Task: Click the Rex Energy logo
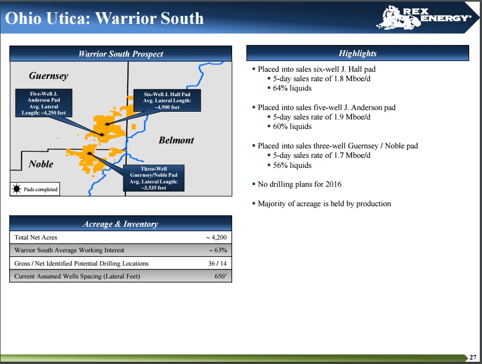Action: pos(423,18)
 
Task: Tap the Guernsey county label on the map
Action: pos(48,76)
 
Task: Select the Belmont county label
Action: pos(176,140)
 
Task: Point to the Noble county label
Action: pos(41,164)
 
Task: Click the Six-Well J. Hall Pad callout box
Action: pos(167,101)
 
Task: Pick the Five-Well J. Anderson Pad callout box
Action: pos(44,103)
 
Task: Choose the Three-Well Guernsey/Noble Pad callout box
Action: pos(154,178)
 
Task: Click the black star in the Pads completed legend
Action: pos(17,189)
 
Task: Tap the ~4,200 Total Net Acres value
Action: pos(217,237)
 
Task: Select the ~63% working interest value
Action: pos(218,250)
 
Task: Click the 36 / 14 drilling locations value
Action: pos(217,263)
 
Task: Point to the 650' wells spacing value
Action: pos(220,276)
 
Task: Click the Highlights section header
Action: pos(358,53)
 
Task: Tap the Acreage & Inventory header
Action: pos(120,224)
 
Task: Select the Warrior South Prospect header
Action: pos(120,54)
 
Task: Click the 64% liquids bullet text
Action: pos(292,88)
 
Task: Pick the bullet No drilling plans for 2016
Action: pos(299,185)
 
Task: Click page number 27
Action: pos(473,357)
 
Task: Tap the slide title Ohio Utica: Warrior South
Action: pos(104,18)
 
